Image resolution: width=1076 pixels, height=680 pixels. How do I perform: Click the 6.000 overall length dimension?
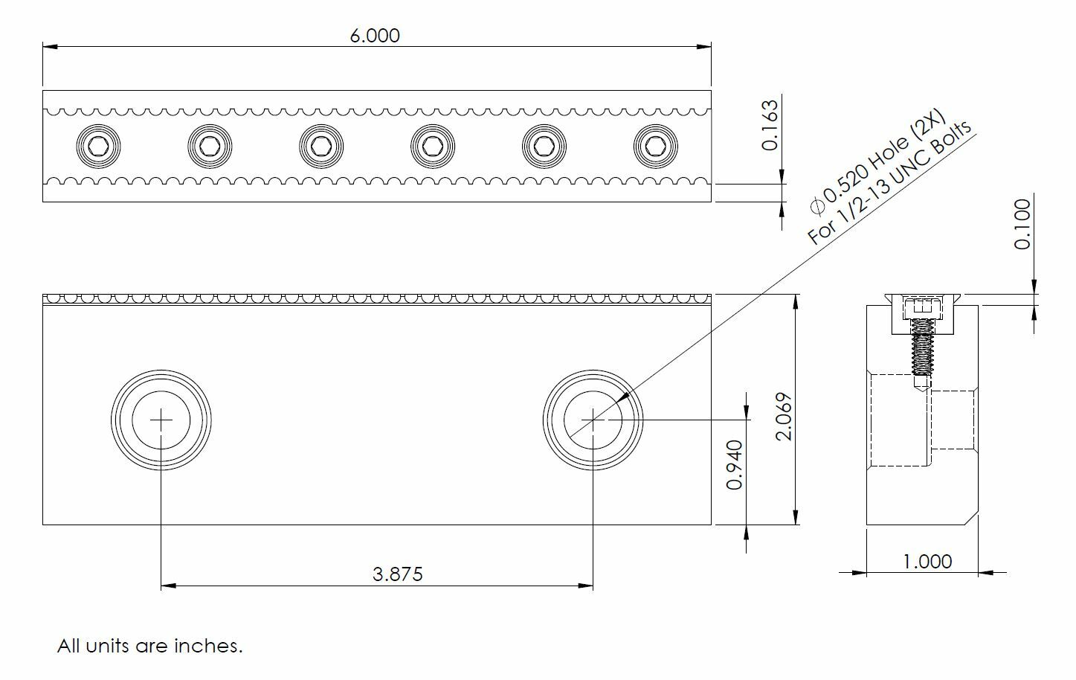pyautogui.click(x=375, y=36)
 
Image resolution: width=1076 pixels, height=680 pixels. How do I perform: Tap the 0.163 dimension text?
pyautogui.click(x=770, y=125)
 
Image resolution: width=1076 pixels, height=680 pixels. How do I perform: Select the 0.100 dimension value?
pyautogui.click(x=1022, y=225)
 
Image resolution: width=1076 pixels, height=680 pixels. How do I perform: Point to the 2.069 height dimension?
pyautogui.click(x=784, y=417)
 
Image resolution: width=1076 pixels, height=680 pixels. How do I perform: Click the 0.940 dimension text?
pyautogui.click(x=735, y=465)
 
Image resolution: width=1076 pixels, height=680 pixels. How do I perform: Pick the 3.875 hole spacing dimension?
pyautogui.click(x=398, y=574)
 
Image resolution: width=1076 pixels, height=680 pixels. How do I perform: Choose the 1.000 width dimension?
pyautogui.click(x=927, y=562)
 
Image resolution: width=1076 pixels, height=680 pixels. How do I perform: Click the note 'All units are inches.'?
pyautogui.click(x=150, y=646)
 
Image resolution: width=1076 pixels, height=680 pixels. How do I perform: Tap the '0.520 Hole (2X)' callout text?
pyautogui.click(x=878, y=161)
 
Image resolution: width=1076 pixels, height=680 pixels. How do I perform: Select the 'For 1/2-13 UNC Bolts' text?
pyautogui.click(x=889, y=182)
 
